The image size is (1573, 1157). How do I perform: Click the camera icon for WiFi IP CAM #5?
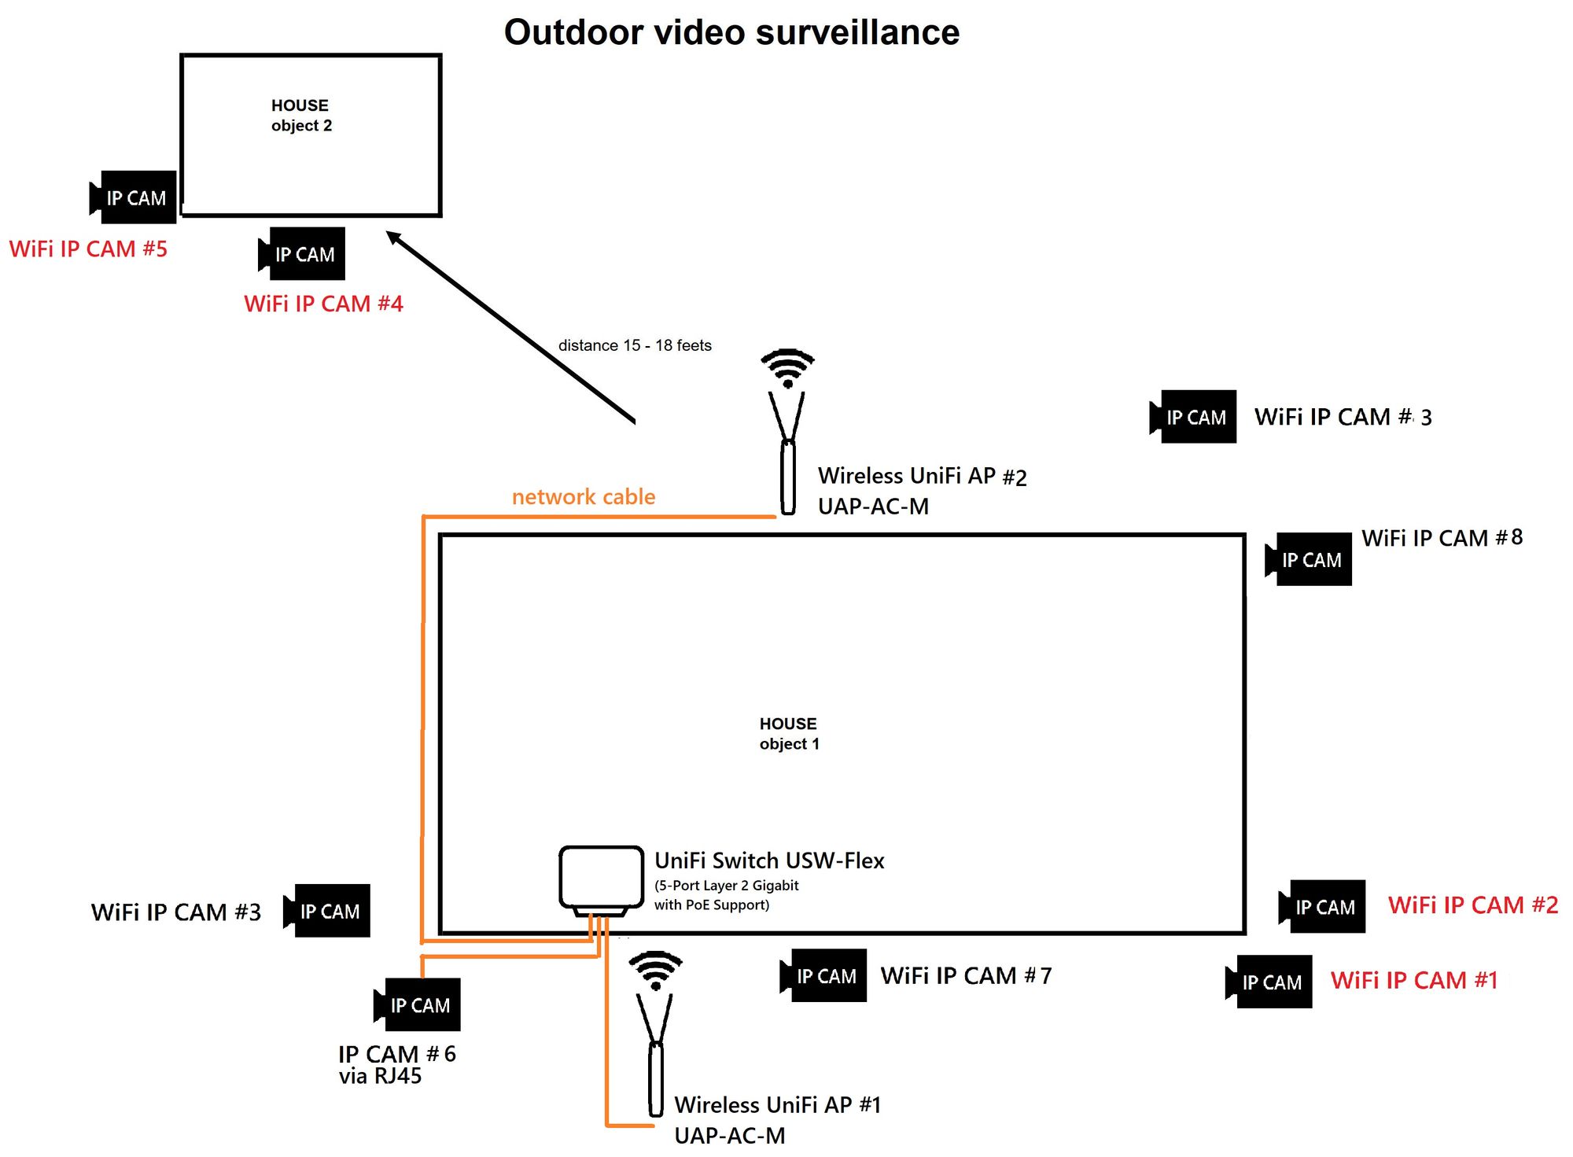134,197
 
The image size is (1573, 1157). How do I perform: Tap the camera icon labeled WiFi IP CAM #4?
303,254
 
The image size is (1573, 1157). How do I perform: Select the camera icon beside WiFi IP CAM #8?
1310,559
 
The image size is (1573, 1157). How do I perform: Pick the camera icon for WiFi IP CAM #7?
824,975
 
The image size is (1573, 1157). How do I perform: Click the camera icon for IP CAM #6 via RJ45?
418,1004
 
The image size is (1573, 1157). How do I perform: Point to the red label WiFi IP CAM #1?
1413,980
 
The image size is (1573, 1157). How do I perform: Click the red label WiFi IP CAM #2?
1472,905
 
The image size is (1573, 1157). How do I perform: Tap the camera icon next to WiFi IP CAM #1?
1269,982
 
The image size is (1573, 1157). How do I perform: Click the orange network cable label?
583,496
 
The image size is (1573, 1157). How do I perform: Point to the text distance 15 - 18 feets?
635,345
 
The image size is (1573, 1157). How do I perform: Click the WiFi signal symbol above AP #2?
787,367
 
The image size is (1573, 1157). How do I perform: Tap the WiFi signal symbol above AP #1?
655,969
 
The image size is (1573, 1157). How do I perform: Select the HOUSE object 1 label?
788,733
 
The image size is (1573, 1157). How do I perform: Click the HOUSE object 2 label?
300,115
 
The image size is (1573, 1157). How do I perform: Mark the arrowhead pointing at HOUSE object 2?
394,238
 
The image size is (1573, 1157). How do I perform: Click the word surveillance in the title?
857,33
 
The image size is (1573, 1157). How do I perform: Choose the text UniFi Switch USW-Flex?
769,860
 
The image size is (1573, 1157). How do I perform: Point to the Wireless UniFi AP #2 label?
922,476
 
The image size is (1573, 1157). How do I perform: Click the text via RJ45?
380,1076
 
